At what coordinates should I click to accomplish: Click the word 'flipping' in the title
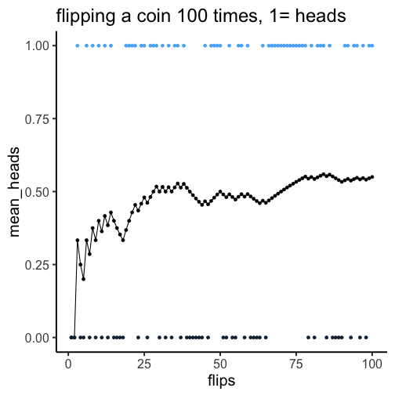coord(85,16)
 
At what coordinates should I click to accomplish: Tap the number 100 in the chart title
coord(193,16)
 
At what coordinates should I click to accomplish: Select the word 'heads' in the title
coord(321,16)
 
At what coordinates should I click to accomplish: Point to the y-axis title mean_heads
coord(14,192)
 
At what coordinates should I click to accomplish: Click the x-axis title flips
coord(221,380)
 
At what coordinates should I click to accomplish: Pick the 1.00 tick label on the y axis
coord(37,46)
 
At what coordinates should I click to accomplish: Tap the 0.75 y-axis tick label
coord(37,119)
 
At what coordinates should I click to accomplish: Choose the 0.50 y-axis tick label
coord(37,192)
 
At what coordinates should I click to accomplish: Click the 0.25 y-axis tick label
coord(37,265)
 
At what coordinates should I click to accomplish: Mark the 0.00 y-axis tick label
coord(37,338)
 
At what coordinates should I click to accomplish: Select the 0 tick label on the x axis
coord(68,364)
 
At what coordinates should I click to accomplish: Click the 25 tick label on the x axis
coord(144,364)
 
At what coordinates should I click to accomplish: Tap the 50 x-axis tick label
coord(220,364)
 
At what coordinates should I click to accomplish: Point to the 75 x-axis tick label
coord(296,364)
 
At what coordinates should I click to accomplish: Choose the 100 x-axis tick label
coord(372,364)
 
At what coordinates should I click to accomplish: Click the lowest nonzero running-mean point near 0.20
coord(83,279)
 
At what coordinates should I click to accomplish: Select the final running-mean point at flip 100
coord(372,177)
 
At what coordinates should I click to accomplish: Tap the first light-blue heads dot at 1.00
coord(78,45)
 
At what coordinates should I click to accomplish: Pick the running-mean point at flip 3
coord(78,240)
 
